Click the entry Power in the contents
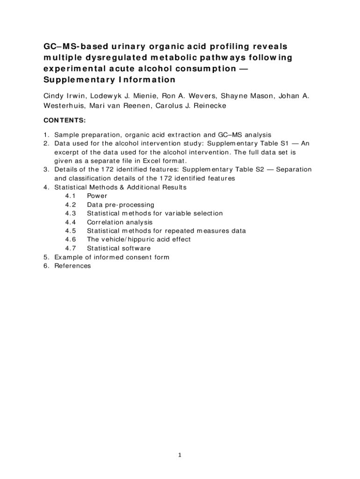click(x=97, y=196)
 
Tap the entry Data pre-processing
click(x=121, y=205)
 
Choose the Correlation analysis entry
click(x=120, y=222)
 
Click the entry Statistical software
click(x=119, y=248)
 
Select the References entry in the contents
click(x=72, y=266)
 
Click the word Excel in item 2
click(x=148, y=161)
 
